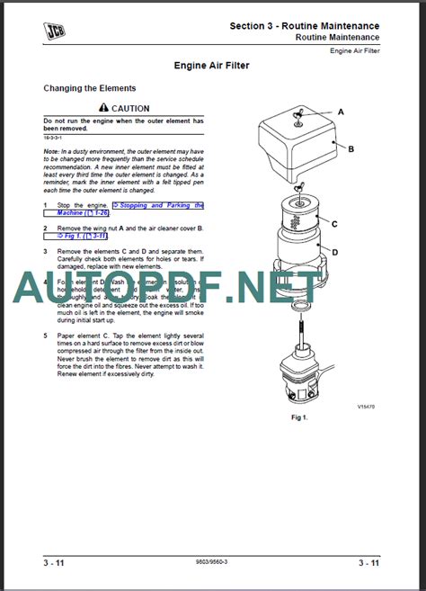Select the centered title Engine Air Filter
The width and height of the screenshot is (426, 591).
click(212, 66)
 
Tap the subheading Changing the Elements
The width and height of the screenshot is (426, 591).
click(90, 88)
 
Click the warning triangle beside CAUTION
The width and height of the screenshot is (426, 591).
click(104, 108)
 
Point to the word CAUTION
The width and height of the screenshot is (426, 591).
click(130, 108)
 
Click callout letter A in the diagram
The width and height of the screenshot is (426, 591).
click(341, 112)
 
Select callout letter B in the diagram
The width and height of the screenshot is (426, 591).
click(351, 149)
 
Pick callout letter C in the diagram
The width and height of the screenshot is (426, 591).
click(333, 223)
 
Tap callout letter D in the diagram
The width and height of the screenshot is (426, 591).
click(334, 253)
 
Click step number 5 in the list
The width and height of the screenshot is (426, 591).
click(46, 336)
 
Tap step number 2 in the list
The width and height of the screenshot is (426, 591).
click(46, 228)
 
